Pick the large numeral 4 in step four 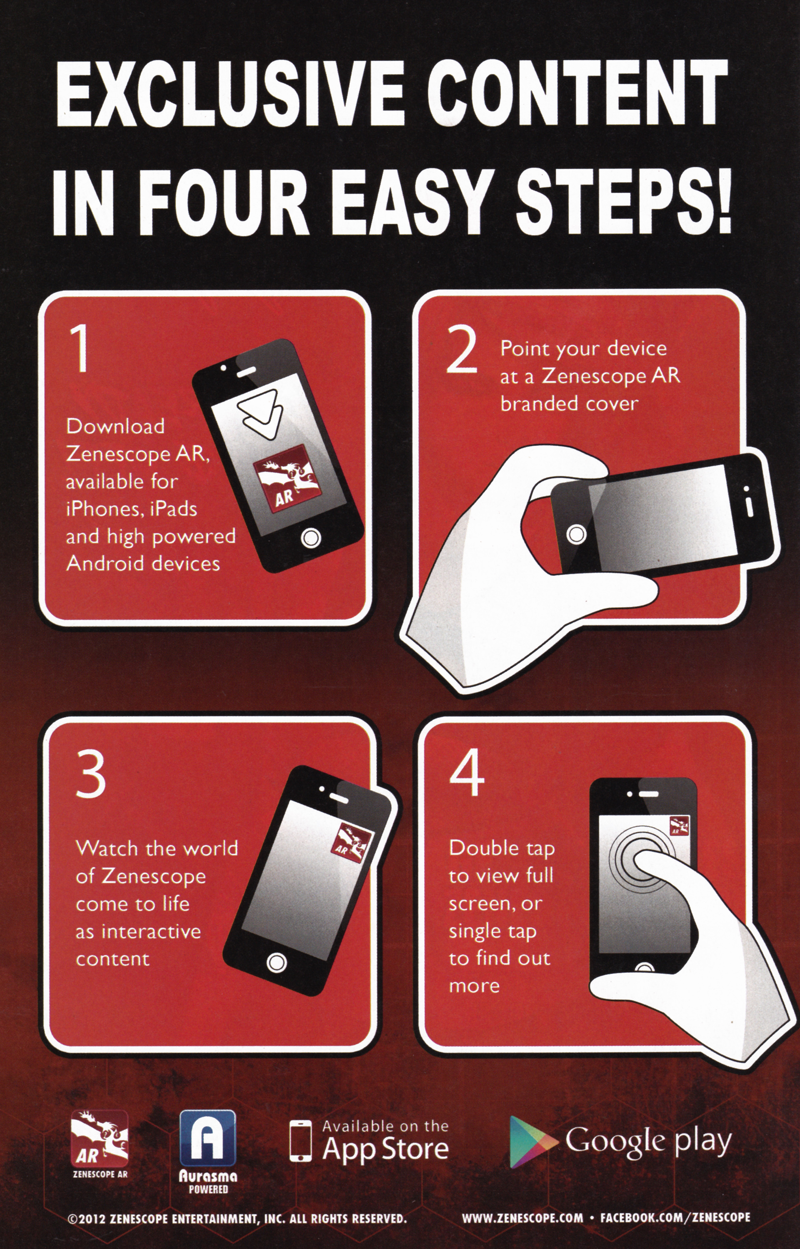click(467, 775)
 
